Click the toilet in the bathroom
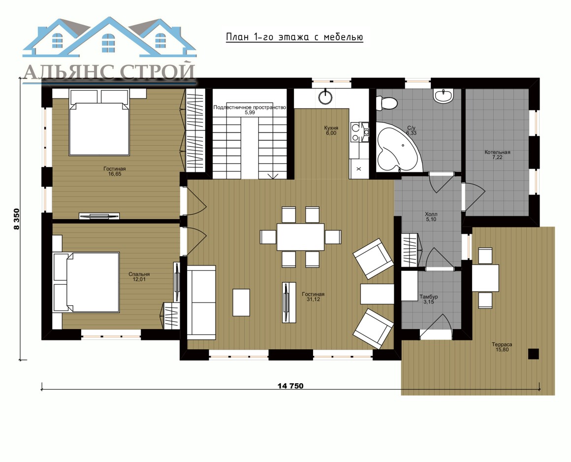(x=386, y=103)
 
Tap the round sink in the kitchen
(x=325, y=97)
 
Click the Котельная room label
(x=497, y=152)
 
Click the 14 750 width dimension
(x=290, y=386)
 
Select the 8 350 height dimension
(x=16, y=219)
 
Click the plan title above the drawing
(x=294, y=37)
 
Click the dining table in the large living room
(x=300, y=237)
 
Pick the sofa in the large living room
(x=201, y=302)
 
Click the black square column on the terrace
(x=534, y=354)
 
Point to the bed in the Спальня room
(x=86, y=282)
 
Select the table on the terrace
(x=485, y=278)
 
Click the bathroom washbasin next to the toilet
(x=443, y=96)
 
